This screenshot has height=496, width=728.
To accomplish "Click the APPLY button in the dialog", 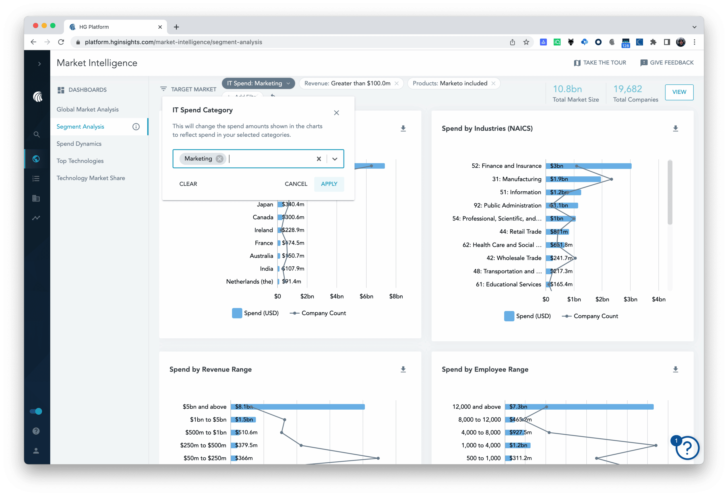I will [329, 184].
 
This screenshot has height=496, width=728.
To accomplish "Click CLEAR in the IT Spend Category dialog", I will [188, 184].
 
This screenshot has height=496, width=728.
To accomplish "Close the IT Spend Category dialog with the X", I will [336, 113].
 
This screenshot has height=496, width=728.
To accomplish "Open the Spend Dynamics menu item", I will [79, 144].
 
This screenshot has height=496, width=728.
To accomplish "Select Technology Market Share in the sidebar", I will [90, 178].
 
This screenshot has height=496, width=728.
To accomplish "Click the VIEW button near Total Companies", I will [679, 92].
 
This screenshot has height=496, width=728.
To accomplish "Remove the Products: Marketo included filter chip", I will [493, 84].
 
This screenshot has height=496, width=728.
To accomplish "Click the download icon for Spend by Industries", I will [675, 129].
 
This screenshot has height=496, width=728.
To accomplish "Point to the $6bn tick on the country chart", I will [366, 296].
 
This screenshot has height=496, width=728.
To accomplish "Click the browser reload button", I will [61, 42].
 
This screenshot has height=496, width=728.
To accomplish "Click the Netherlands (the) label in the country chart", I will [249, 282].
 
